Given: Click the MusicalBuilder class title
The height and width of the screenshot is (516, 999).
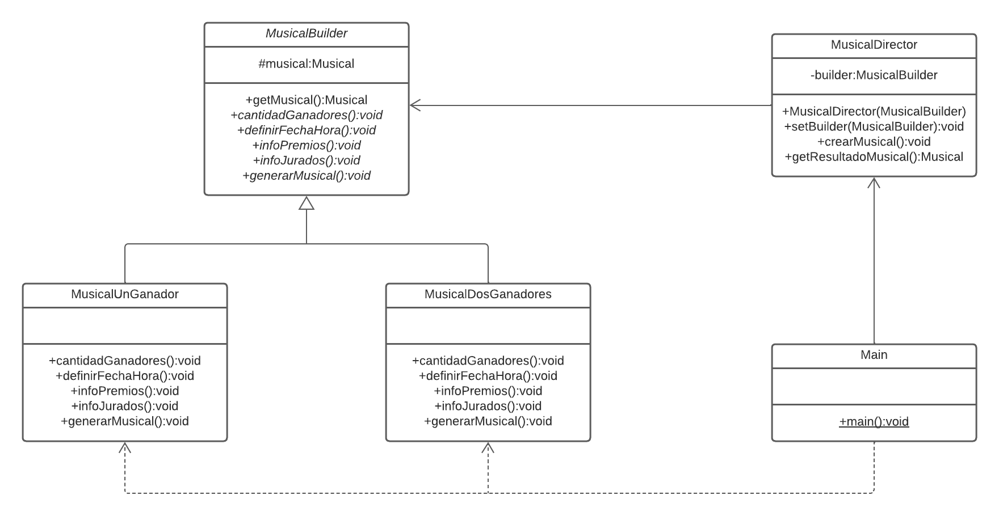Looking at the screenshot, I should tap(306, 33).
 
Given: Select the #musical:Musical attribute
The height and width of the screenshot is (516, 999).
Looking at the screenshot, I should tap(306, 64).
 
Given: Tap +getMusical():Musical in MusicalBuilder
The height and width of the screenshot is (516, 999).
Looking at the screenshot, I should tap(306, 100).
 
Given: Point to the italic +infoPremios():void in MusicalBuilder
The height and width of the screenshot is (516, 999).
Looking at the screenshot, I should tap(306, 146).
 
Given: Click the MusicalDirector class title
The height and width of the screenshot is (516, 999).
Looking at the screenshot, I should tap(874, 45).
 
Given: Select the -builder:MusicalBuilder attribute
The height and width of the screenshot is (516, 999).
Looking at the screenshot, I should tap(874, 75).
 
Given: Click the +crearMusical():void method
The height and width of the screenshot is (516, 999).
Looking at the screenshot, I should tap(874, 142).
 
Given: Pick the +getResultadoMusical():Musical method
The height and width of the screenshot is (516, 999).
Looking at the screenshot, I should tap(874, 157).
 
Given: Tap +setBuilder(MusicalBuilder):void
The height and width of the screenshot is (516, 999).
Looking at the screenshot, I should tap(874, 126).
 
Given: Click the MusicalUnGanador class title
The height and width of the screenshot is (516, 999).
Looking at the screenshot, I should tap(124, 294).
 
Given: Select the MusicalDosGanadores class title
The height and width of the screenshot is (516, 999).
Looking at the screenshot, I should tap(488, 294).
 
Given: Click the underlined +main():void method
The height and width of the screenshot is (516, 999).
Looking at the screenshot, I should tap(874, 422).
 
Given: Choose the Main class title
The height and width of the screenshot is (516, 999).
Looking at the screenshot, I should tap(874, 355).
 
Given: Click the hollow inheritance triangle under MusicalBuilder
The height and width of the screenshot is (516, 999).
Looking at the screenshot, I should tap(307, 203).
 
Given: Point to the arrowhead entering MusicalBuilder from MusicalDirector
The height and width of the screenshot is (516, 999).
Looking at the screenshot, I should tap(414, 105).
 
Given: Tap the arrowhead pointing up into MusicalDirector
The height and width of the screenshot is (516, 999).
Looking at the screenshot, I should tap(874, 182).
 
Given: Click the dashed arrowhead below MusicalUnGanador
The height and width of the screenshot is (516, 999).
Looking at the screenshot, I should tap(125, 447).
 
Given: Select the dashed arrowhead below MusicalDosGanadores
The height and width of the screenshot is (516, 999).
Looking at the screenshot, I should tap(488, 447).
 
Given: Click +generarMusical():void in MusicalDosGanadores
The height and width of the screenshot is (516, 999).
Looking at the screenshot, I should tap(488, 421).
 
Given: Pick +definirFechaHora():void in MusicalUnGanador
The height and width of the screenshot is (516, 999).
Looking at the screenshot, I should tap(124, 376).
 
